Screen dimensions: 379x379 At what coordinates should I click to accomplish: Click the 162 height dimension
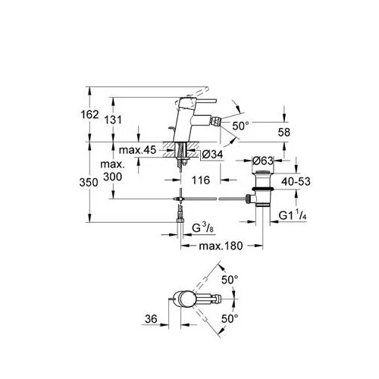tap(89, 114)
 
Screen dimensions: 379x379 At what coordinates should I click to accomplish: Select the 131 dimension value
tap(113, 120)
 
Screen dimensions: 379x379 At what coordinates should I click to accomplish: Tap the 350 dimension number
tap(89, 182)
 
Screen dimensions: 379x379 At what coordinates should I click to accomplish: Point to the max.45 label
tap(138, 150)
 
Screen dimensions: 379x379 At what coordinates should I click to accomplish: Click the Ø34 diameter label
tap(212, 154)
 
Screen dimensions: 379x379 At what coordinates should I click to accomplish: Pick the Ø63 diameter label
tap(263, 161)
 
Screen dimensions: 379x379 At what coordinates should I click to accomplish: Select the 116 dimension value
tap(201, 180)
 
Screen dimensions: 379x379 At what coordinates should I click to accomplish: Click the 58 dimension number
tap(284, 132)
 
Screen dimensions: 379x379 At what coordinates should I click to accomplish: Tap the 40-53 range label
tap(296, 181)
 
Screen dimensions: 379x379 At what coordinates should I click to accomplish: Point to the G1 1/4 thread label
tap(293, 216)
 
